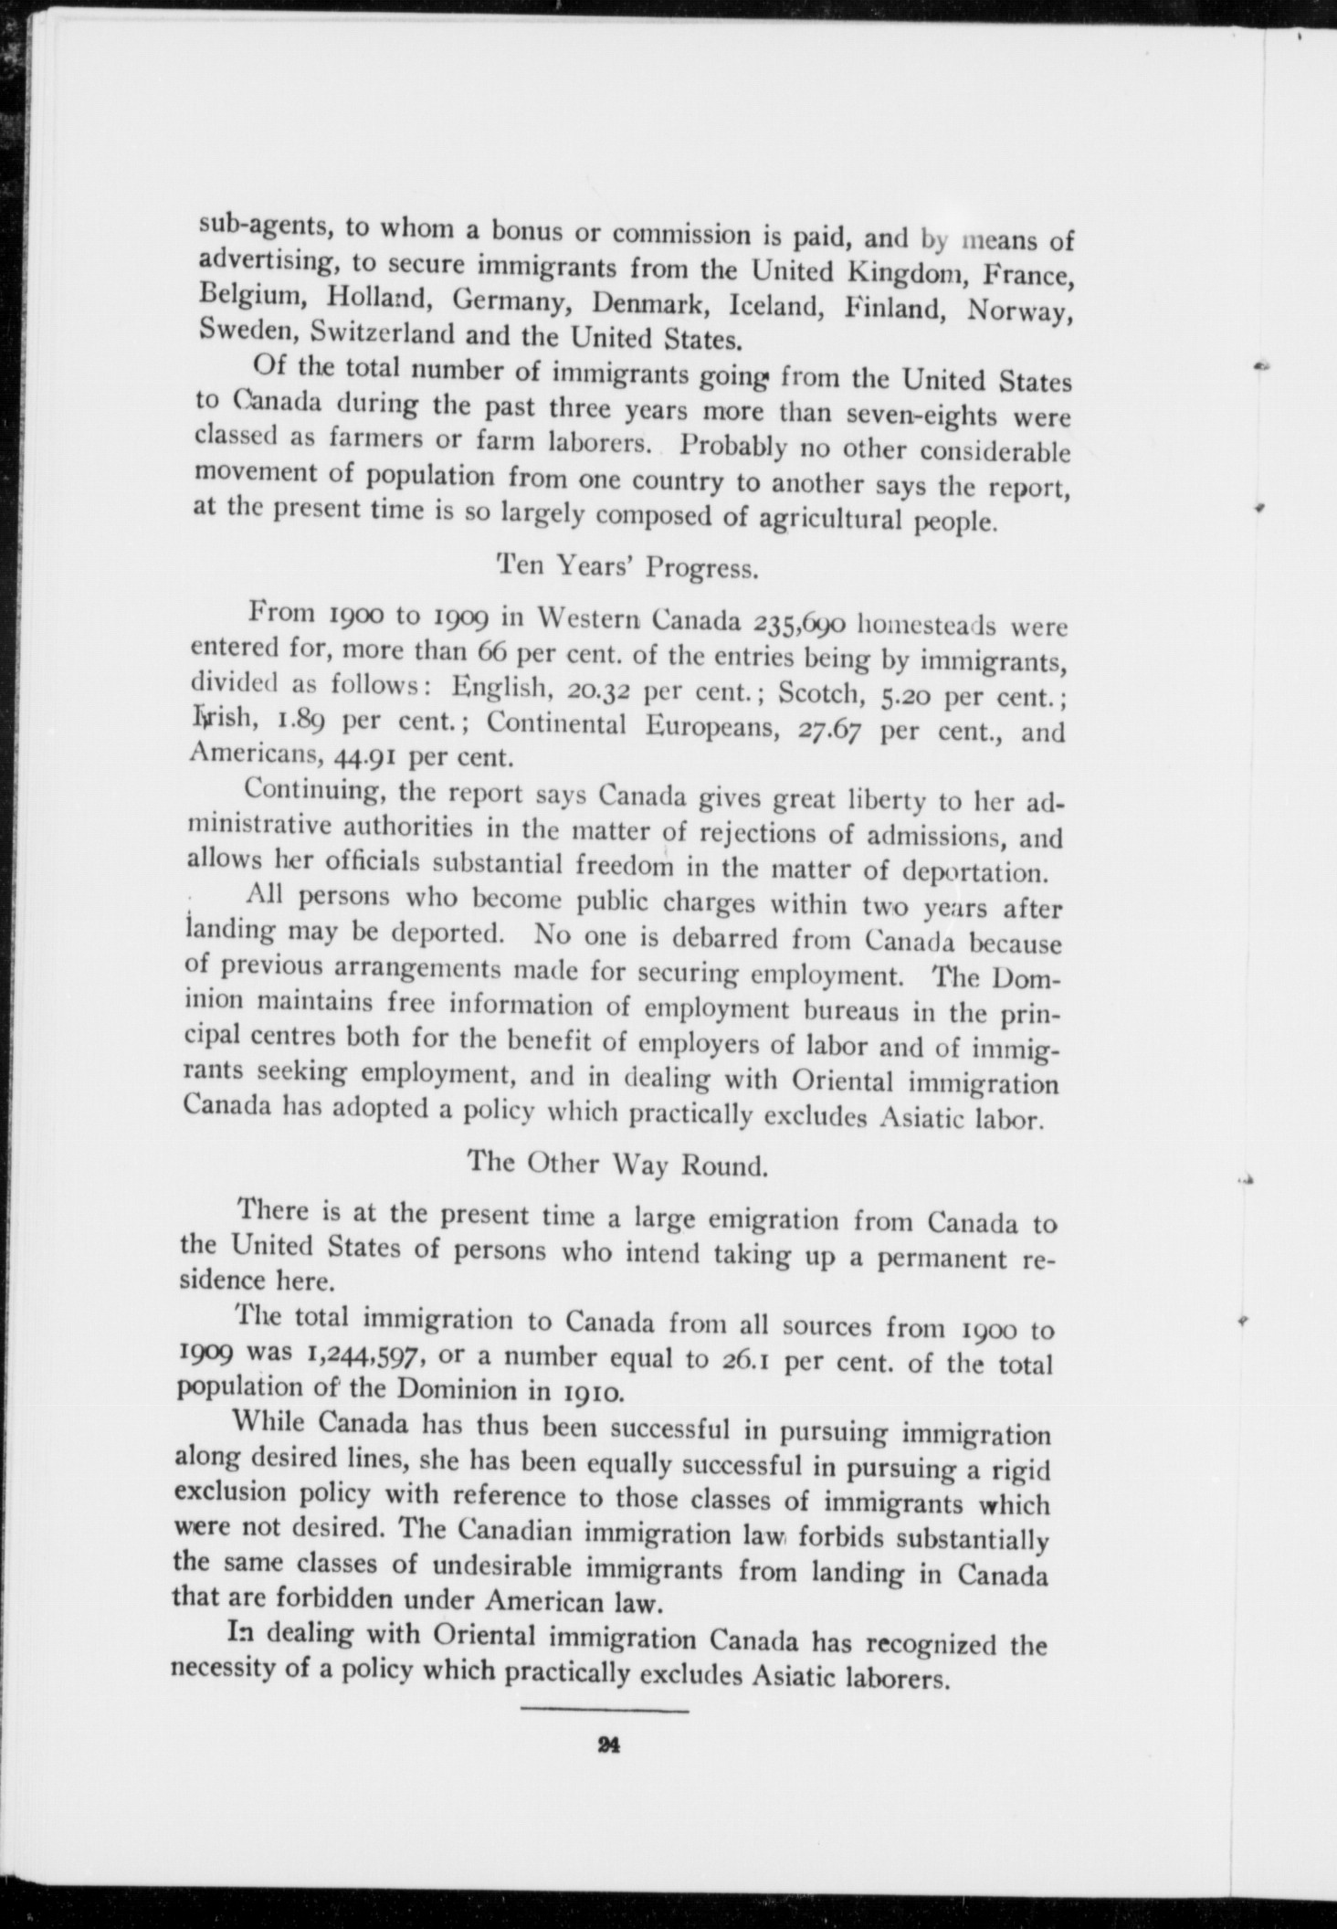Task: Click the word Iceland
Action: click(764, 304)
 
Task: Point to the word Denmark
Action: click(646, 302)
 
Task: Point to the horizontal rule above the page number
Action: click(605, 1706)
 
